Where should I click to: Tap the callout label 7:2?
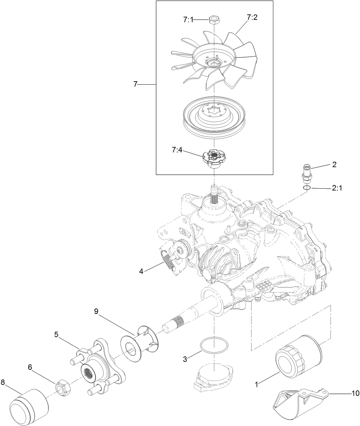252,18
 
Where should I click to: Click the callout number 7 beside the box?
135,84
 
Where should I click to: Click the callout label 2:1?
336,188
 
